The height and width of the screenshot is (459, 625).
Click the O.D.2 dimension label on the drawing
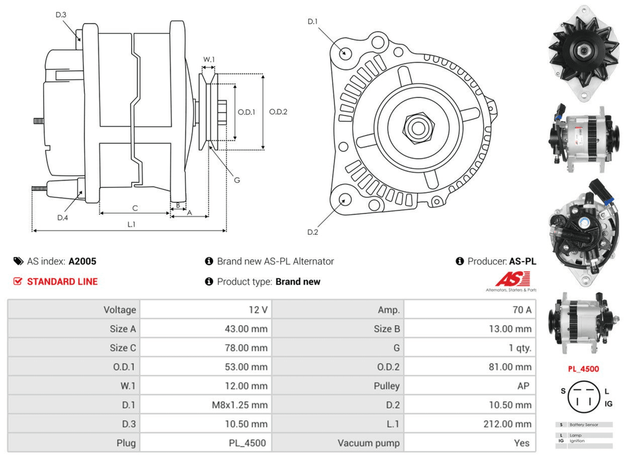[x=278, y=112]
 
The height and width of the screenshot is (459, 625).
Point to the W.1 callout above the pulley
[x=209, y=60]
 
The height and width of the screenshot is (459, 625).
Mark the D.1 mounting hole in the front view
[x=343, y=52]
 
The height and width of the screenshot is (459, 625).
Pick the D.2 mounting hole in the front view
[x=344, y=200]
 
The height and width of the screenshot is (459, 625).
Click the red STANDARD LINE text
[x=62, y=282]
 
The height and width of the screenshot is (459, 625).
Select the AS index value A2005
[x=82, y=262]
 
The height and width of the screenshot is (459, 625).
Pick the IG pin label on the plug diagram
[x=608, y=403]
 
